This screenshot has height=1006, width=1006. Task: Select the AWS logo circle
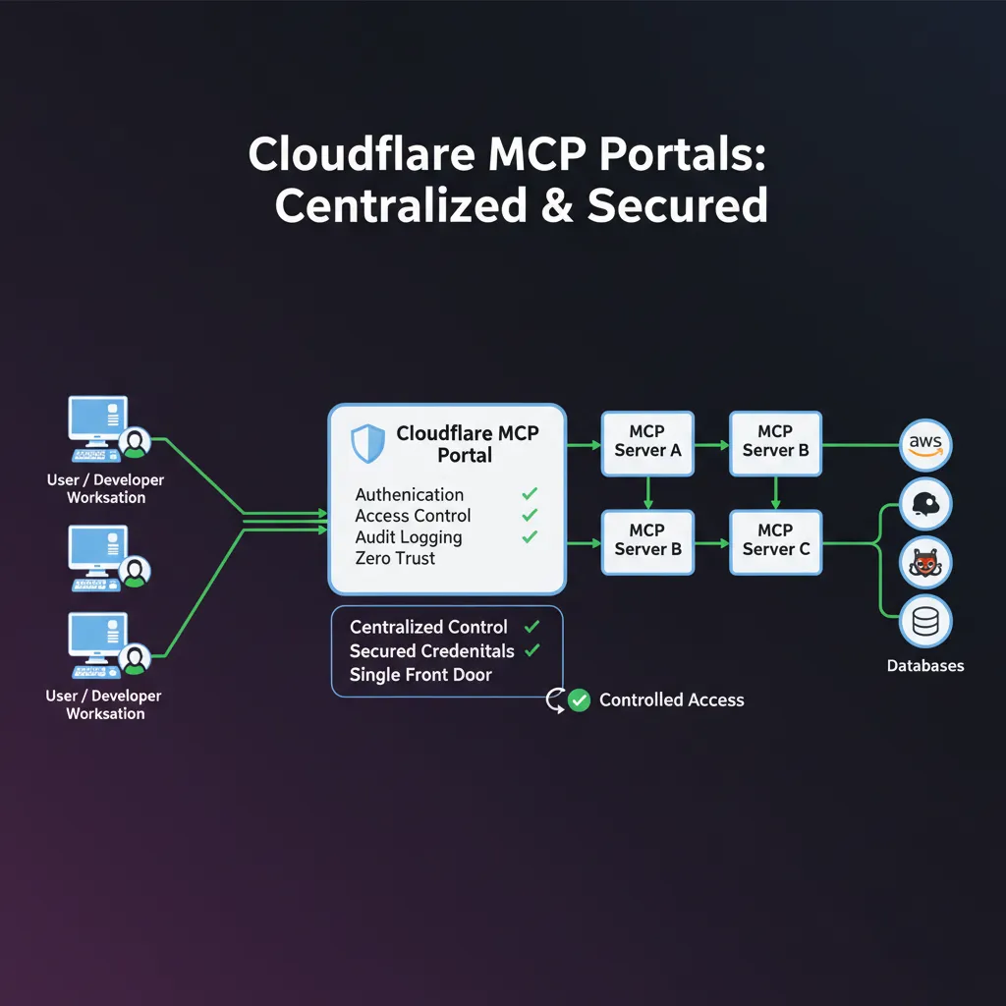coord(925,444)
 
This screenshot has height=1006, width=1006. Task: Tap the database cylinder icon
coord(925,621)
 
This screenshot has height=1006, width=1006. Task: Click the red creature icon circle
coord(925,562)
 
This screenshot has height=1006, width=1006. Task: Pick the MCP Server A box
coord(647,443)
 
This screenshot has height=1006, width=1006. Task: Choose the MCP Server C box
coord(775,541)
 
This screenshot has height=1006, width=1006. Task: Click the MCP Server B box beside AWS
coord(775,443)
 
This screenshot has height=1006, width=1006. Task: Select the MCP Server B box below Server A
coord(647,541)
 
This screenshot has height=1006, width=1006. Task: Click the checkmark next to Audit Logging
coord(530,536)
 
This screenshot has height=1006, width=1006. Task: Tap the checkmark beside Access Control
coord(530,515)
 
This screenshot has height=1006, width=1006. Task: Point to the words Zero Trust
coord(395,558)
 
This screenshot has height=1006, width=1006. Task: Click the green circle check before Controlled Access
coord(580,700)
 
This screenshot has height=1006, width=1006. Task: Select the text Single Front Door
coord(420,675)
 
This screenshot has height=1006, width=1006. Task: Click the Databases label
coord(925,666)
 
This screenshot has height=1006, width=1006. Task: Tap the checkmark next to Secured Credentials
coord(532,650)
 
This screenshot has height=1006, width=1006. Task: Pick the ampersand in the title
coord(557,205)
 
